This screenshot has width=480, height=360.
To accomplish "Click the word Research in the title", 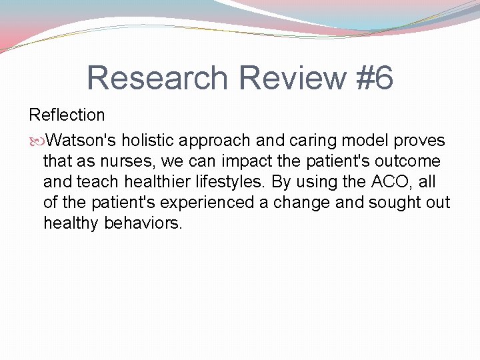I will coord(157,78).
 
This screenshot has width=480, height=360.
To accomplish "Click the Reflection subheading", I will coord(67,115).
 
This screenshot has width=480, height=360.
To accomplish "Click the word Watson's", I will coord(82,141).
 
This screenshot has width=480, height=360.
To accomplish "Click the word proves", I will coord(419,141).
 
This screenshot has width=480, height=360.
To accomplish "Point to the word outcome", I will coord(408,161).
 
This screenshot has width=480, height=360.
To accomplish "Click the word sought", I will coord(388,203).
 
